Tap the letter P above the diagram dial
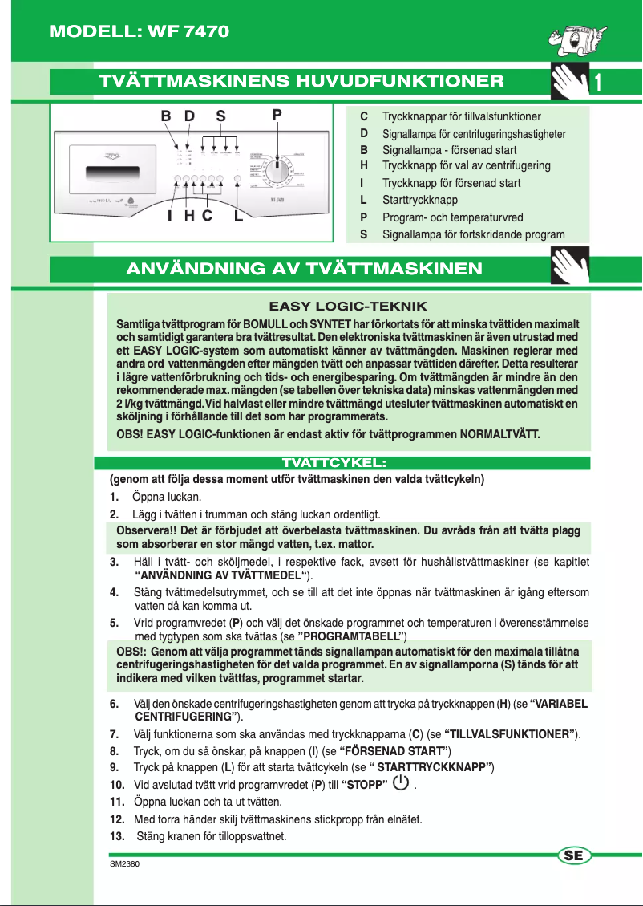click(x=277, y=116)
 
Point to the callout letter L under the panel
click(x=238, y=216)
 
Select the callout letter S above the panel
click(x=220, y=116)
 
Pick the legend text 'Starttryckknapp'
click(x=420, y=200)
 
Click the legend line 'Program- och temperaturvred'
click(x=452, y=217)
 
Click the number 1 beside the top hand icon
click(x=600, y=82)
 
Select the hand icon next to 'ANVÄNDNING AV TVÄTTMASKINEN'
click(x=571, y=267)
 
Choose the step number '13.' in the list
click(x=118, y=836)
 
